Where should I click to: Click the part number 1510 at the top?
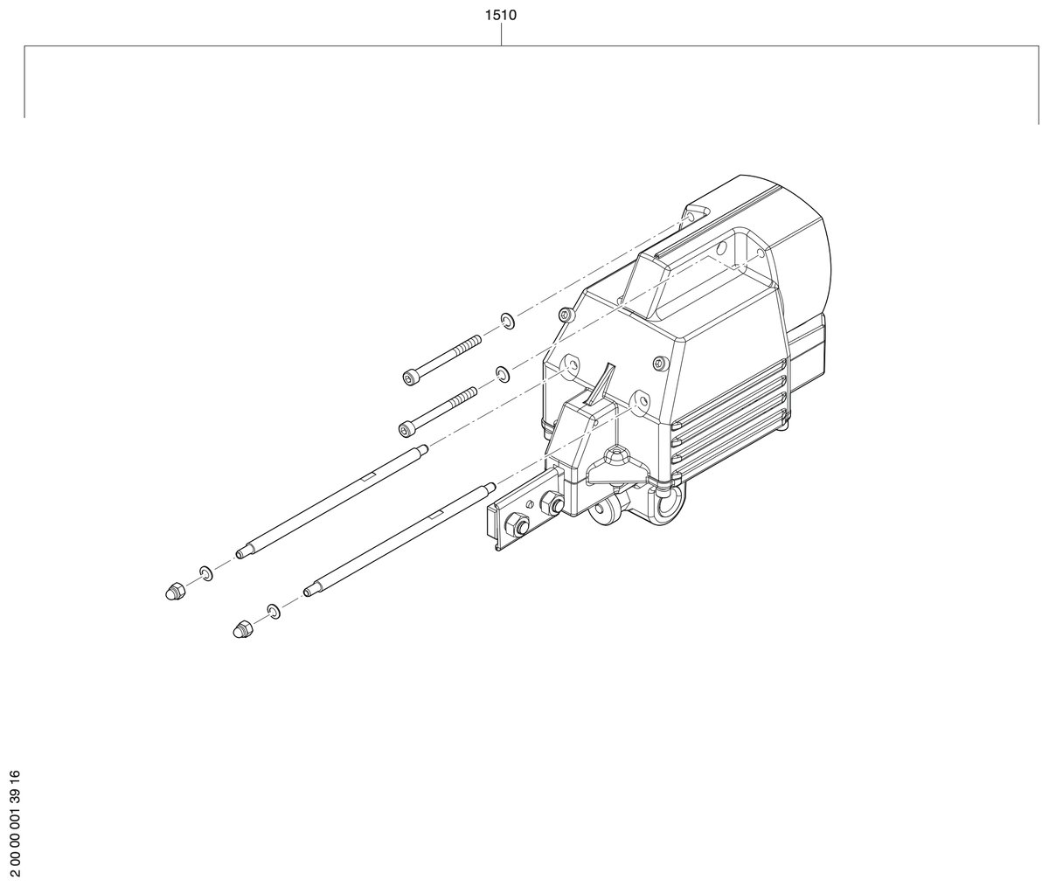coord(501,15)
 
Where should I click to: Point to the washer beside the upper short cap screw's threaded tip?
coord(507,321)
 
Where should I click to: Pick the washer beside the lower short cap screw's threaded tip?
coord(503,373)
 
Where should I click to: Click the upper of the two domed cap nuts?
coord(175,591)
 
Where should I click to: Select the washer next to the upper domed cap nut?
coord(206,573)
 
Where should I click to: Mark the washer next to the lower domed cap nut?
coord(274,612)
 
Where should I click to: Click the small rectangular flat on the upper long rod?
coord(367,476)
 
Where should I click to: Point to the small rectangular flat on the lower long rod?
coord(436,516)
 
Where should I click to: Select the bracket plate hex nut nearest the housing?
coord(550,502)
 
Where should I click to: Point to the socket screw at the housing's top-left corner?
coord(564,315)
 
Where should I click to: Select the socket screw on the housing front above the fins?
coord(659,363)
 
